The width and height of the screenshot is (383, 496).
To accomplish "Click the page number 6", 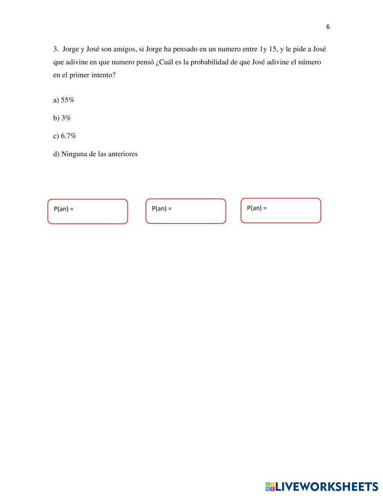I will [328, 27].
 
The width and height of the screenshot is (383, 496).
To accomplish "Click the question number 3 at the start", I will [56, 49].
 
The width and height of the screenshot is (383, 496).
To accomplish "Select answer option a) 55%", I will [64, 100].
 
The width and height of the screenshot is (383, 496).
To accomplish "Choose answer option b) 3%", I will [62, 118].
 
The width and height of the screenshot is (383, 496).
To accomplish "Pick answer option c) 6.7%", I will [65, 136].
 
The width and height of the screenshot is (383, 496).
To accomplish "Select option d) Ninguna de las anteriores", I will [95, 154].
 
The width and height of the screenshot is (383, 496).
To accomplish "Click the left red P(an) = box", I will [88, 212].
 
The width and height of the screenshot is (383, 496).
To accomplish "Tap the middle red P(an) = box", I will [186, 211].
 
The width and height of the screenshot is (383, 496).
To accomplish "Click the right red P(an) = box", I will [281, 210].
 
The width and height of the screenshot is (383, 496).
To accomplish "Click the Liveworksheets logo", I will [321, 486].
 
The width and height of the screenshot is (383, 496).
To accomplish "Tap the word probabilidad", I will [209, 62].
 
